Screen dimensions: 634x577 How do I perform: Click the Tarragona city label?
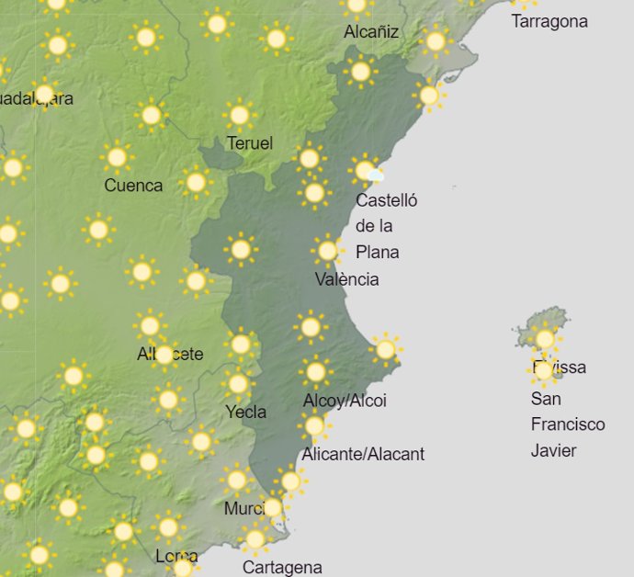549,21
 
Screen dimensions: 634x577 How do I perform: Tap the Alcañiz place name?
371,32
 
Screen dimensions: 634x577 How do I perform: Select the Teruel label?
250,143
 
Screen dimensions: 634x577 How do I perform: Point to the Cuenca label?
133,186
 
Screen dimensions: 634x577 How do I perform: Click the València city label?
346,279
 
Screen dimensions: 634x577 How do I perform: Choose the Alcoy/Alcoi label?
345,401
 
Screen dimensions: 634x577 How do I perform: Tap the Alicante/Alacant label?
363,454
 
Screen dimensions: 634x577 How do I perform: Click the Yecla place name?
246,412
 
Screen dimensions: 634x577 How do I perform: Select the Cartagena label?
282,568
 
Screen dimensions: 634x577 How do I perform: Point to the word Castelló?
386,200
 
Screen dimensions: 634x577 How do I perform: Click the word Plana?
378,252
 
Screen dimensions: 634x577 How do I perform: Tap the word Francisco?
568,424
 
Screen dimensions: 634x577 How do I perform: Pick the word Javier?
554,450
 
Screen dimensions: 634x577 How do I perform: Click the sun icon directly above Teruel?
240,115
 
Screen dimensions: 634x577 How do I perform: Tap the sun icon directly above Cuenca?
117,157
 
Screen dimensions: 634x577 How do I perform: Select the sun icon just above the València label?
327,250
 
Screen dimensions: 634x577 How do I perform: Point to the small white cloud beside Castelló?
374,175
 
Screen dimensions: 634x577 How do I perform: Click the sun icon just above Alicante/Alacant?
314,425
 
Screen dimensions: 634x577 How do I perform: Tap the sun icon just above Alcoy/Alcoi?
315,372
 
